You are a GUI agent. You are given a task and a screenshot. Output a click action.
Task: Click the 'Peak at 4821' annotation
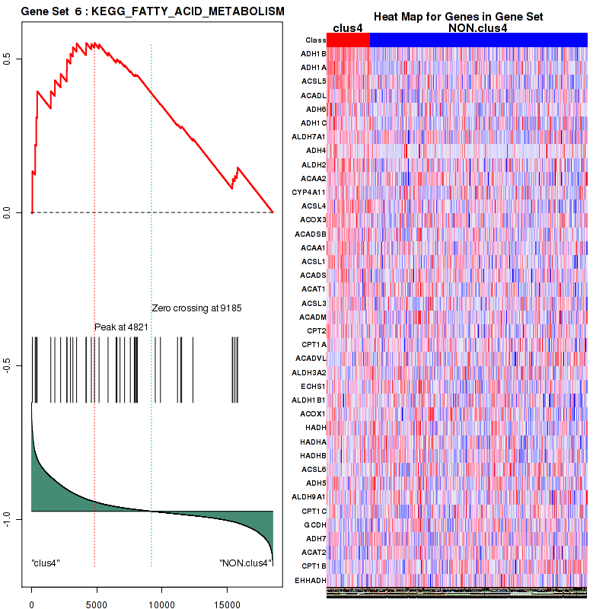[121, 327]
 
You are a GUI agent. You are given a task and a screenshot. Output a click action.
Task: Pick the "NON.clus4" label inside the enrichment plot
[244, 563]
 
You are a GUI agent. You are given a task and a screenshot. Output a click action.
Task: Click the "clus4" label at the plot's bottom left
[46, 563]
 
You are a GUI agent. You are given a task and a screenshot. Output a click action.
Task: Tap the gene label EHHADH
[311, 580]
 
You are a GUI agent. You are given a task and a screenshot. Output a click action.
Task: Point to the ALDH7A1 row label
[310, 137]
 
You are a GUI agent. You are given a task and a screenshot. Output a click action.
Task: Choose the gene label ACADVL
[311, 359]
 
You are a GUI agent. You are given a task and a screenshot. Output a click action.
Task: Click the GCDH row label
[314, 525]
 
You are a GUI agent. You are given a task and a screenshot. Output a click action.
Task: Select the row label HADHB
[313, 455]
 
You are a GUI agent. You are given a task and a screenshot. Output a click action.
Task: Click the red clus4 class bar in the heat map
[348, 40]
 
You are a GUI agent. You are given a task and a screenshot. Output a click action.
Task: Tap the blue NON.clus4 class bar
[478, 40]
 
